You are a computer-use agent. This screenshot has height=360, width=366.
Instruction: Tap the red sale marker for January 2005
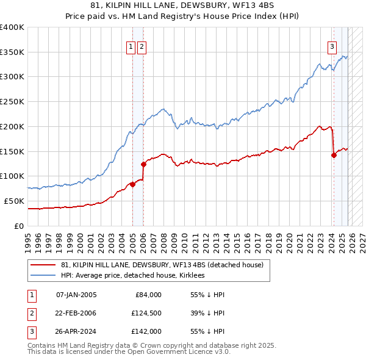point(132,184)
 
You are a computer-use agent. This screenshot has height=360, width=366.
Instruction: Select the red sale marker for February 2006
point(144,164)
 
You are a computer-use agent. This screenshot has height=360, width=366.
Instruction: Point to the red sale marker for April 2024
point(334,155)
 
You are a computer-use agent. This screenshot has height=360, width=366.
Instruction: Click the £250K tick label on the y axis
point(12,102)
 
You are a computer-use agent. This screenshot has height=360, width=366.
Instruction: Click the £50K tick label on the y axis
point(14,201)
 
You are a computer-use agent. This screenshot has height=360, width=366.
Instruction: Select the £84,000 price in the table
point(148,294)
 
